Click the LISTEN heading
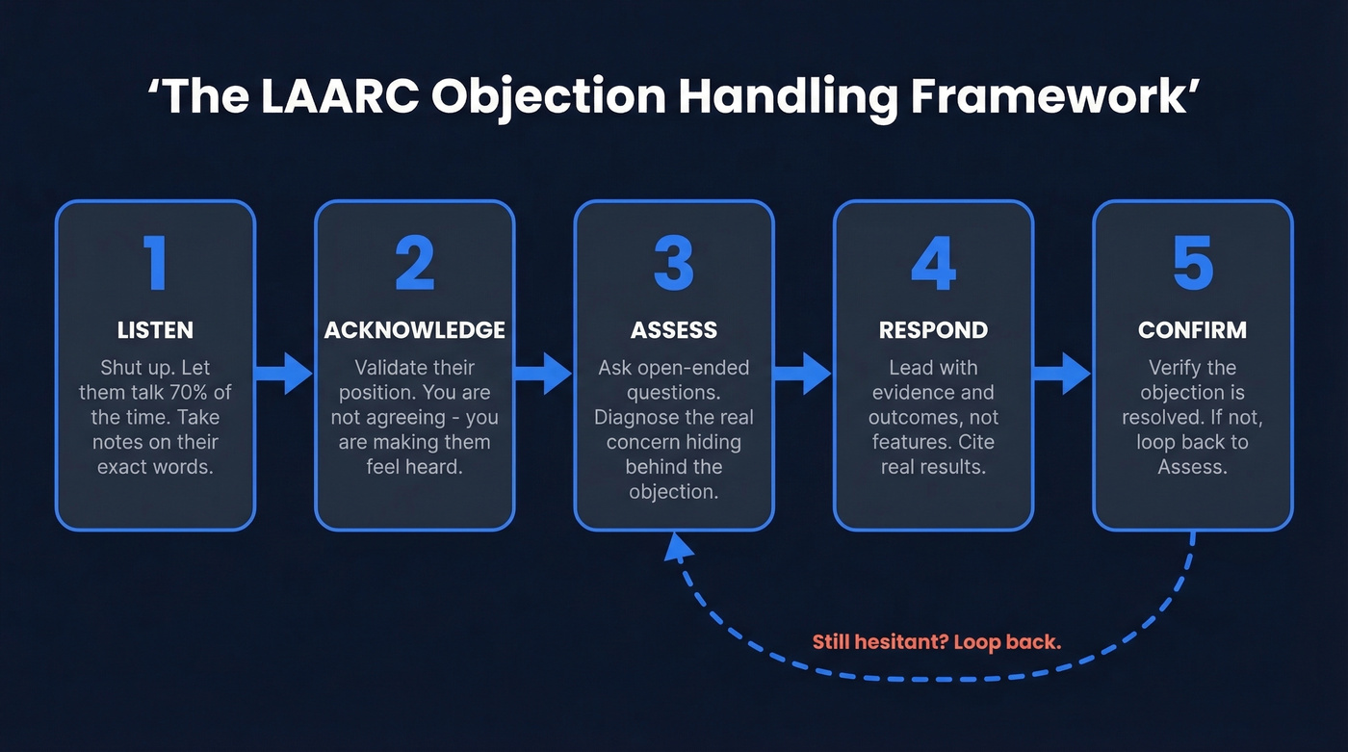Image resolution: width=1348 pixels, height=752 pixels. click(x=155, y=330)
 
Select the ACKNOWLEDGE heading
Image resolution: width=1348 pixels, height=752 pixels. click(x=414, y=330)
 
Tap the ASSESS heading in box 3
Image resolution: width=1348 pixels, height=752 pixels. click(x=674, y=330)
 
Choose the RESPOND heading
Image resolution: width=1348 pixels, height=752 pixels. click(x=933, y=330)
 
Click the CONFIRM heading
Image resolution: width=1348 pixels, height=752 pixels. click(x=1192, y=330)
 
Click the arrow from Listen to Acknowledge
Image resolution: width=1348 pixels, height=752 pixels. click(x=285, y=373)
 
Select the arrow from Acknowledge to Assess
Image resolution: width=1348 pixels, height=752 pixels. click(x=544, y=373)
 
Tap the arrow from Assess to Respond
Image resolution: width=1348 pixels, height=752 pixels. click(x=803, y=373)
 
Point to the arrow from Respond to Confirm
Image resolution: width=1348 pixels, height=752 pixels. click(x=1062, y=373)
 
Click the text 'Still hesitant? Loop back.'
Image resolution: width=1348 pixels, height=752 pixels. click(x=936, y=641)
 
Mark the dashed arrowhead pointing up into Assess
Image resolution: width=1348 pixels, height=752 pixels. click(x=680, y=547)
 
